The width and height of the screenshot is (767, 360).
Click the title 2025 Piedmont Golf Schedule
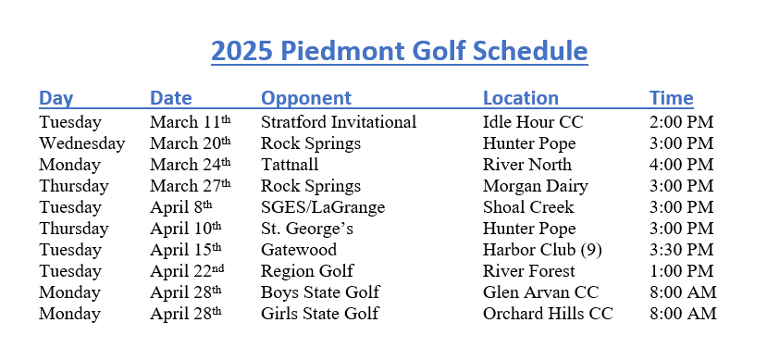(x=399, y=50)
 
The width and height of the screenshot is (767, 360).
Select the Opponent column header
(x=306, y=98)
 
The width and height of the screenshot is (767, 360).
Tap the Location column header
(x=521, y=98)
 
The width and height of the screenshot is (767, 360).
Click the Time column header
(x=671, y=98)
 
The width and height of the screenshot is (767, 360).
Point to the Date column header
(x=171, y=98)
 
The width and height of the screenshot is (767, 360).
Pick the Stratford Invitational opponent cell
(x=339, y=122)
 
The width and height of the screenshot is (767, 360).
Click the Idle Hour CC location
(x=533, y=122)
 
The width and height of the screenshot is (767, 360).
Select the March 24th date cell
(x=190, y=165)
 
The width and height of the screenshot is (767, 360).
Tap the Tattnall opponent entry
(x=290, y=165)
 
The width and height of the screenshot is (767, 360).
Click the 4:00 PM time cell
(x=681, y=165)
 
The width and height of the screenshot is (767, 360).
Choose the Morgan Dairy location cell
(x=536, y=186)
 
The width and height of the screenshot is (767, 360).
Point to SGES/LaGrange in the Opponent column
(x=323, y=207)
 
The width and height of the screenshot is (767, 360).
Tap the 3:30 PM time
(x=681, y=250)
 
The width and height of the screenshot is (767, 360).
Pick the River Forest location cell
(x=529, y=271)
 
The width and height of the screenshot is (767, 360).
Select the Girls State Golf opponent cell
(x=320, y=314)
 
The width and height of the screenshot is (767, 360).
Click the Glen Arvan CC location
(x=541, y=292)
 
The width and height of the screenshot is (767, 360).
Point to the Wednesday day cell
(x=81, y=143)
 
